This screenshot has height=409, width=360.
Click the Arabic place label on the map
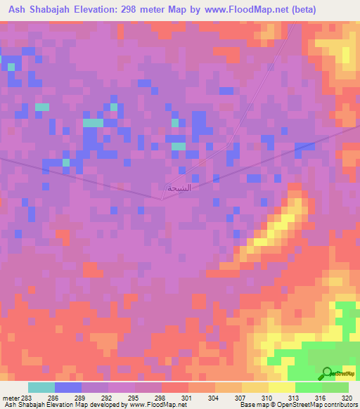pos(179,188)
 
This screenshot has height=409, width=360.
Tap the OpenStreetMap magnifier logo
pos(327,373)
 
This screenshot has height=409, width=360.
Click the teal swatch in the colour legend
pos(41,387)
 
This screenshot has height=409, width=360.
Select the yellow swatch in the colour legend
pos(281,387)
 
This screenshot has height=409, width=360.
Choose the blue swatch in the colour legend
pos(68,387)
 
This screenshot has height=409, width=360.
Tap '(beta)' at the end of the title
pos(302,10)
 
